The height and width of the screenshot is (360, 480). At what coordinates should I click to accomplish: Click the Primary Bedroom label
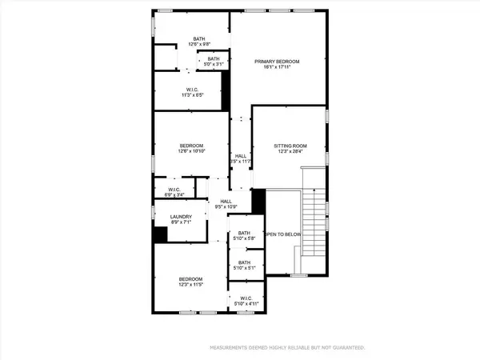click(x=278, y=62)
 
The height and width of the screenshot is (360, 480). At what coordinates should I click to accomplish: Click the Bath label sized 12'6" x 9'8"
click(x=199, y=38)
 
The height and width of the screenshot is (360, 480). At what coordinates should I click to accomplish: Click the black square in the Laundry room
click(x=161, y=234)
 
